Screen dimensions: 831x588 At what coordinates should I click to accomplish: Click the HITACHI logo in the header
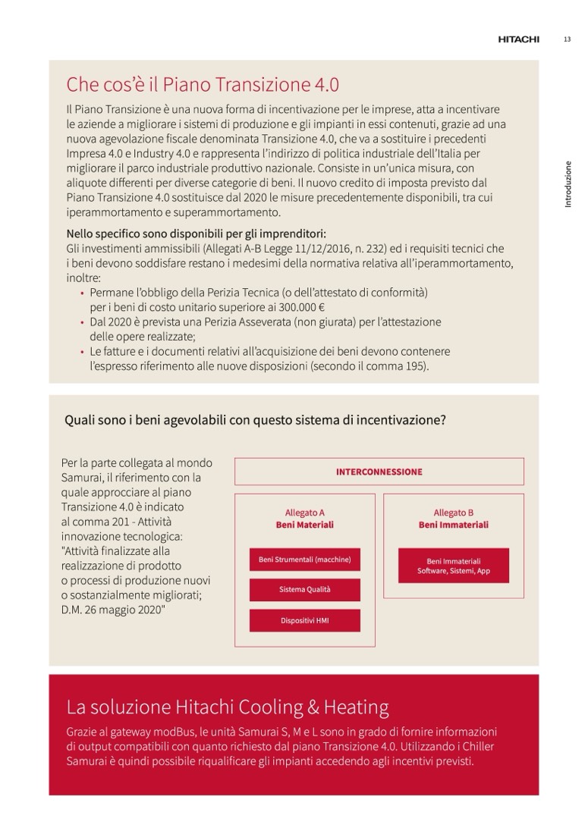pyautogui.click(x=518, y=39)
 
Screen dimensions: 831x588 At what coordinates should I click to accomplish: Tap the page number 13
pyautogui.click(x=567, y=39)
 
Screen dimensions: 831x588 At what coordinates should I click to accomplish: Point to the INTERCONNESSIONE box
pyautogui.click(x=379, y=472)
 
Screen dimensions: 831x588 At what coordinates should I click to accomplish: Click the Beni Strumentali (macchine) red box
pyautogui.click(x=304, y=560)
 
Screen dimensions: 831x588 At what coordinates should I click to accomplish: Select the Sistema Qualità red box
pyautogui.click(x=304, y=589)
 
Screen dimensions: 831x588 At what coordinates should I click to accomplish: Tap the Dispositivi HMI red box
pyautogui.click(x=304, y=620)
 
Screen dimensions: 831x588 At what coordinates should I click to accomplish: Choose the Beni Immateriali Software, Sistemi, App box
pyautogui.click(x=453, y=566)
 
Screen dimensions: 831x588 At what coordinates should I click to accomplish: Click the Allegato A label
pyautogui.click(x=304, y=513)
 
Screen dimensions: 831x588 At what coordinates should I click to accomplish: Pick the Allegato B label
pyautogui.click(x=453, y=513)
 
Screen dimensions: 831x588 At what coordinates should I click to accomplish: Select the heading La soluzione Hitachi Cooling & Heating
pyautogui.click(x=228, y=707)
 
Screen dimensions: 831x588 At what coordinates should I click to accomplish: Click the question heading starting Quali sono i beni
pyautogui.click(x=255, y=419)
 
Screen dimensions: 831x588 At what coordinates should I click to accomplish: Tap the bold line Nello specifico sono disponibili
pyautogui.click(x=201, y=234)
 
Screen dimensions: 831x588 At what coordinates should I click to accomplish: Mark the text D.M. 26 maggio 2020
pyautogui.click(x=114, y=610)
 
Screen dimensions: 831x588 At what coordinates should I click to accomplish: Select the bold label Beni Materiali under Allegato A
pyautogui.click(x=304, y=525)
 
